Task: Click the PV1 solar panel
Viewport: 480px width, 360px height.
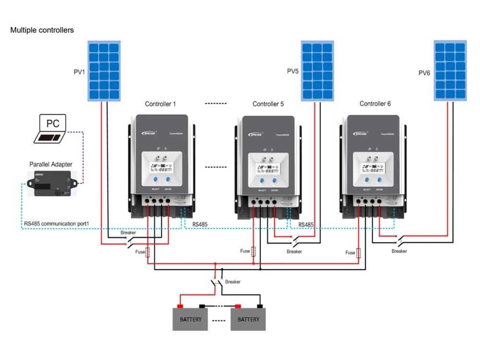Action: (103, 71)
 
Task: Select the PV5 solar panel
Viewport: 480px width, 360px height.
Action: (317, 71)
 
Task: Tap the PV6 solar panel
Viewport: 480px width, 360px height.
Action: (450, 71)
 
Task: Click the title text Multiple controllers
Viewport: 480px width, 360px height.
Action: (42, 30)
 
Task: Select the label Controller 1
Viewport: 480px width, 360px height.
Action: (160, 104)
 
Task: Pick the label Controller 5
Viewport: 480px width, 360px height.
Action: (268, 104)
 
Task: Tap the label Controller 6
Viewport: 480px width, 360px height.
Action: (375, 104)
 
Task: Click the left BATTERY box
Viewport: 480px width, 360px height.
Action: (191, 319)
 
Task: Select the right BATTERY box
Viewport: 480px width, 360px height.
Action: (248, 319)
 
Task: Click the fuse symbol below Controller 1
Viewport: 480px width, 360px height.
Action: (147, 252)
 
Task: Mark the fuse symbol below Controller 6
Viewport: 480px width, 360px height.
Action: (358, 253)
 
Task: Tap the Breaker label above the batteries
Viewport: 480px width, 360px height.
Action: (233, 282)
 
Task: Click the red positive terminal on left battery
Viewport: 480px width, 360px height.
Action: (180, 306)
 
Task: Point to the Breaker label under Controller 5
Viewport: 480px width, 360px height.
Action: (294, 252)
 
